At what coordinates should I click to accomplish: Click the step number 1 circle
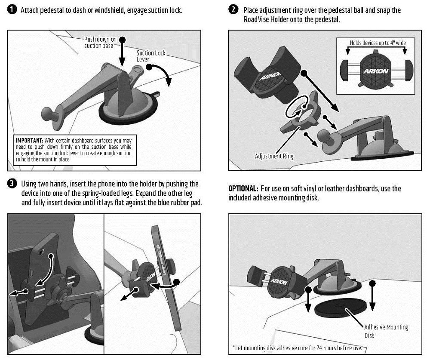point(12,10)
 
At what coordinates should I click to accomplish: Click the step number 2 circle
point(234,10)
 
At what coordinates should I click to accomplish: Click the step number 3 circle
point(12,184)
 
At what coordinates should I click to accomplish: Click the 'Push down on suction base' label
point(100,42)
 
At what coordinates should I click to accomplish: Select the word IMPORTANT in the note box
point(29,141)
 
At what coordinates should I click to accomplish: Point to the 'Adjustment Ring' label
point(274,156)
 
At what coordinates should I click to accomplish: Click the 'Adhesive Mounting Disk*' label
point(386,331)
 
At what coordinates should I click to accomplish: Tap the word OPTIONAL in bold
point(243,189)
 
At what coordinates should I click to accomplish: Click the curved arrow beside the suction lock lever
point(161,73)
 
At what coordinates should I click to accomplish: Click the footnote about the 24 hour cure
point(297,348)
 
